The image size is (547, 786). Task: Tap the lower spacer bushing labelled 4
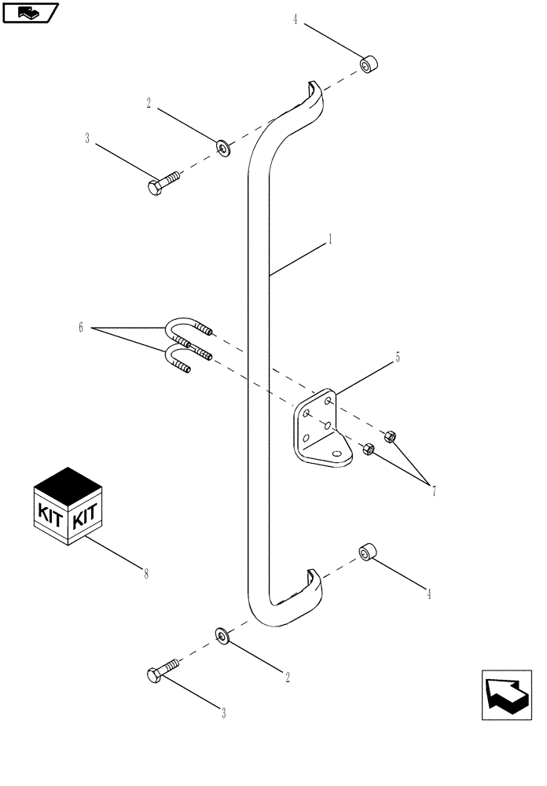point(366,553)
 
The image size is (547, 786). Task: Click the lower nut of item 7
point(367,450)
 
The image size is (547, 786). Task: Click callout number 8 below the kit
point(145,574)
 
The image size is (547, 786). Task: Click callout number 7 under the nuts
point(432,490)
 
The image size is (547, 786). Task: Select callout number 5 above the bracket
point(398,357)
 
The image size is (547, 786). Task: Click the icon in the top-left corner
point(31,13)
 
